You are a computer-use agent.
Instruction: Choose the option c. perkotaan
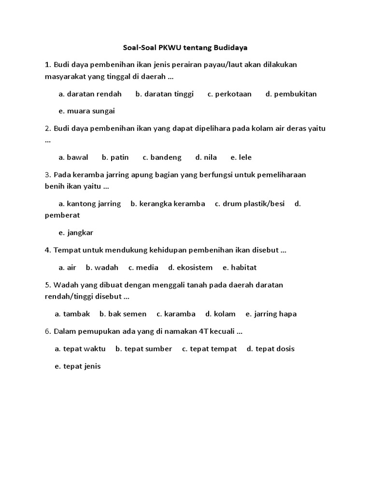(x=229, y=94)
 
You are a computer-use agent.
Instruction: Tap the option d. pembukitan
(x=291, y=94)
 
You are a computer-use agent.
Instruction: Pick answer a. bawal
(x=73, y=157)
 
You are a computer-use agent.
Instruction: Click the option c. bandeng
(x=162, y=157)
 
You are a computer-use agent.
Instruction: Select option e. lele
(x=241, y=157)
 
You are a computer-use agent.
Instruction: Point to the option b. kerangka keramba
(x=168, y=204)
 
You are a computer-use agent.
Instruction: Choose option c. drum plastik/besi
(x=250, y=204)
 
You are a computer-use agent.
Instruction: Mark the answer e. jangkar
(x=76, y=233)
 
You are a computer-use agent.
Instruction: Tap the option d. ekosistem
(x=190, y=267)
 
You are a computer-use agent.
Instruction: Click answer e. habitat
(x=240, y=267)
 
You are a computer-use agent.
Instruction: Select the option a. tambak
(x=72, y=314)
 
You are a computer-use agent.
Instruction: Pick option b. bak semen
(x=123, y=314)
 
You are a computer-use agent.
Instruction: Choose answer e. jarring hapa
(x=271, y=314)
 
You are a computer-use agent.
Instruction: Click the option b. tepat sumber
(x=143, y=349)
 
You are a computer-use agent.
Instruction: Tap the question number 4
(x=47, y=250)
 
